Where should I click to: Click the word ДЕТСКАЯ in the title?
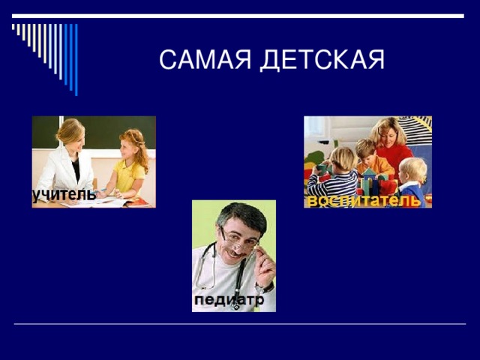coord(322,60)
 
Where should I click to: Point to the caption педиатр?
coord(229,300)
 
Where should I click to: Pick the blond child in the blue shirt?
coord(412,180)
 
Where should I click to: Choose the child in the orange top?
coord(366,157)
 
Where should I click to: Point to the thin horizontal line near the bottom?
coord(240,324)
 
